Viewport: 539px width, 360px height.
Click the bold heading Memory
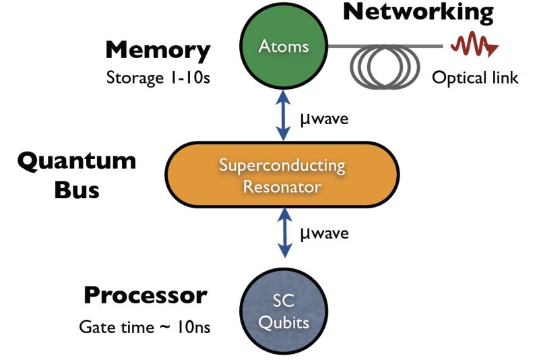(x=158, y=50)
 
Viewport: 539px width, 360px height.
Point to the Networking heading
(x=418, y=13)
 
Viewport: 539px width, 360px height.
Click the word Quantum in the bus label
(x=76, y=161)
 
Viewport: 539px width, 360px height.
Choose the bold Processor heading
(x=146, y=295)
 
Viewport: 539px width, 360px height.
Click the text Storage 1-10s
(x=158, y=77)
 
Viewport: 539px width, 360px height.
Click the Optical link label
(x=475, y=78)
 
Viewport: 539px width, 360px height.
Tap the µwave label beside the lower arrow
(x=323, y=234)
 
